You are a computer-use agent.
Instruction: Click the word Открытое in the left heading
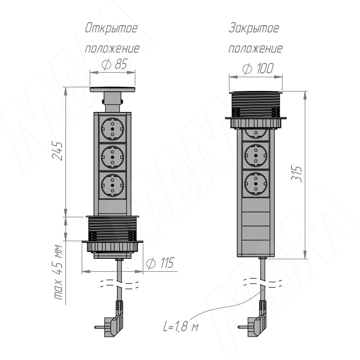111,29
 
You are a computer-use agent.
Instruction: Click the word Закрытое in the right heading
254,28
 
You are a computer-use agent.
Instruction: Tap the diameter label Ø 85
114,64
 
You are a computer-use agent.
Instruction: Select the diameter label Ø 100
258,68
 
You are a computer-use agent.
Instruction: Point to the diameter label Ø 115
160,263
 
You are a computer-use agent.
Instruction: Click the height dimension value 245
57,151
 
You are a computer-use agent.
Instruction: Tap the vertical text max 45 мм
58,272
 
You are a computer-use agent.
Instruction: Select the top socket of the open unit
112,129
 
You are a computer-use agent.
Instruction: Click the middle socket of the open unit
112,157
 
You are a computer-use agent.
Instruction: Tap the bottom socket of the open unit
112,185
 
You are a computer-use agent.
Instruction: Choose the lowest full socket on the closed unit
256,184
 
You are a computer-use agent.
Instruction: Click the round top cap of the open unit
112,89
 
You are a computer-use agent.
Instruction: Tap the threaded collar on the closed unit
256,104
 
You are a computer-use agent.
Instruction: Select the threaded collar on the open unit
112,229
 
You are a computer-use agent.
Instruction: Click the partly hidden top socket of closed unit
256,134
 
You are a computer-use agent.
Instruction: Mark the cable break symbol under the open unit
119,284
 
